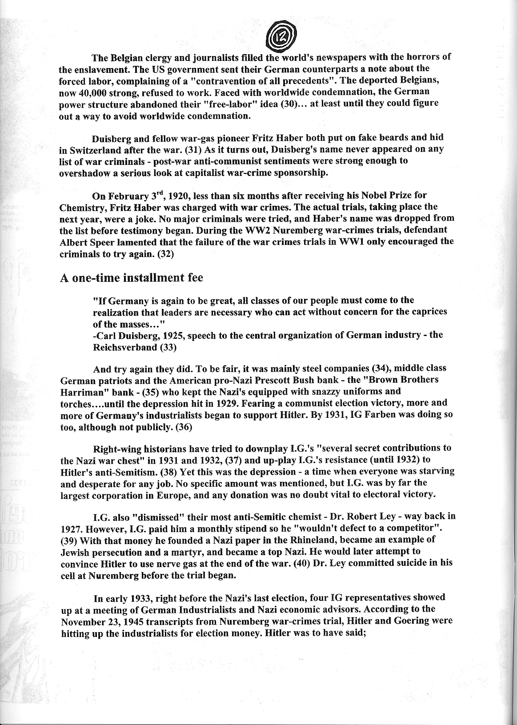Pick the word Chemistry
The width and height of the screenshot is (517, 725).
79,208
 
